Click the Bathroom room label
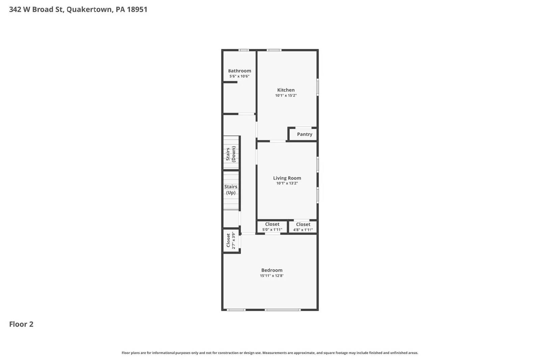coord(239,71)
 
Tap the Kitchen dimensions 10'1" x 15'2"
coord(286,95)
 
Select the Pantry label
coord(304,134)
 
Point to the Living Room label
coord(287,178)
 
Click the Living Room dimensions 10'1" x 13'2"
coord(287,183)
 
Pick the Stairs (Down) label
coord(231,154)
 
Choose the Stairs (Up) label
coord(231,190)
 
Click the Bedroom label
coord(272,270)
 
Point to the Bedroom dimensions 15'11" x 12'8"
coord(272,276)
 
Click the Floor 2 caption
coord(21,324)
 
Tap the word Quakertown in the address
coord(89,9)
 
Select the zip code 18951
coord(137,9)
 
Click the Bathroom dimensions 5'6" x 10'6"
coord(239,76)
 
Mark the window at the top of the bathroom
coord(244,50)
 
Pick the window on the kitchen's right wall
coord(318,87)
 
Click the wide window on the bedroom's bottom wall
coord(282,310)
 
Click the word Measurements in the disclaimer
coord(276,353)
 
